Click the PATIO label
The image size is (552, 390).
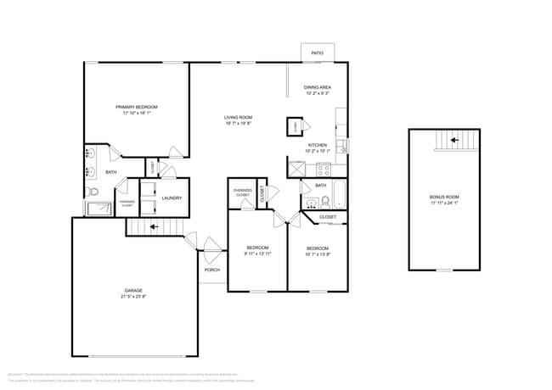(x=317, y=53)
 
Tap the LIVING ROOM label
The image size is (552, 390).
(x=239, y=117)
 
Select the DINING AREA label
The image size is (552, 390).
(x=318, y=87)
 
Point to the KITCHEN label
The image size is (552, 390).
(x=318, y=145)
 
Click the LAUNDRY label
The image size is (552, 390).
(x=161, y=198)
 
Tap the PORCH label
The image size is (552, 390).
(x=212, y=270)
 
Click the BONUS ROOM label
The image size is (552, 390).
(x=443, y=198)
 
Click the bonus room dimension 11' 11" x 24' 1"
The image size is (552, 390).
(x=443, y=203)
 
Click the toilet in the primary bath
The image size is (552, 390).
(x=94, y=192)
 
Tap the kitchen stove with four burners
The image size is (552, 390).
(x=322, y=168)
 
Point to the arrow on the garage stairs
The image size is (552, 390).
(x=154, y=227)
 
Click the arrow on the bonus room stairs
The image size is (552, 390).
(x=453, y=140)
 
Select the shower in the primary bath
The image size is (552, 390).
(x=95, y=208)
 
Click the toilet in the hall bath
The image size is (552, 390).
(x=324, y=201)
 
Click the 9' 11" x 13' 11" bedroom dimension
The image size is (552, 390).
(x=257, y=253)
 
